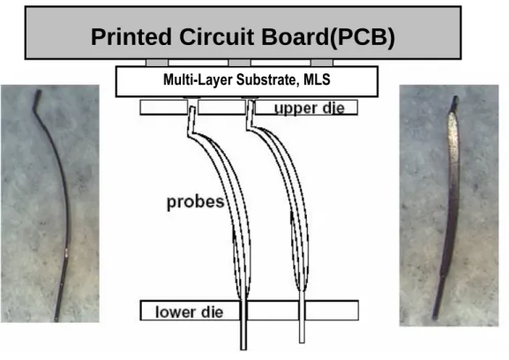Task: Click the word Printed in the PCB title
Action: [131, 36]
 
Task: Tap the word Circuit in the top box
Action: [216, 36]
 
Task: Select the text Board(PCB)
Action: [328, 36]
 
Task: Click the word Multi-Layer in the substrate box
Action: [198, 79]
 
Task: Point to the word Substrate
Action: [267, 79]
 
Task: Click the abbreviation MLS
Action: [317, 79]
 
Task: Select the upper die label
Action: [310, 109]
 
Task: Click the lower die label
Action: [190, 312]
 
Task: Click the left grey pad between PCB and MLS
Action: [157, 63]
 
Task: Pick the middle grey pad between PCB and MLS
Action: [240, 63]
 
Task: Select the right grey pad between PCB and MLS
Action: [322, 63]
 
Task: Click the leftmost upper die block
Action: [164, 107]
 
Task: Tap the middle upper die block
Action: [221, 107]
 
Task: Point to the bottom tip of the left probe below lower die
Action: [243, 349]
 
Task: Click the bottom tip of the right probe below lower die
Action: [302, 342]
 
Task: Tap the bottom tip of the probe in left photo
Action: [56, 320]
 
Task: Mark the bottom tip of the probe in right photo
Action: [434, 318]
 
